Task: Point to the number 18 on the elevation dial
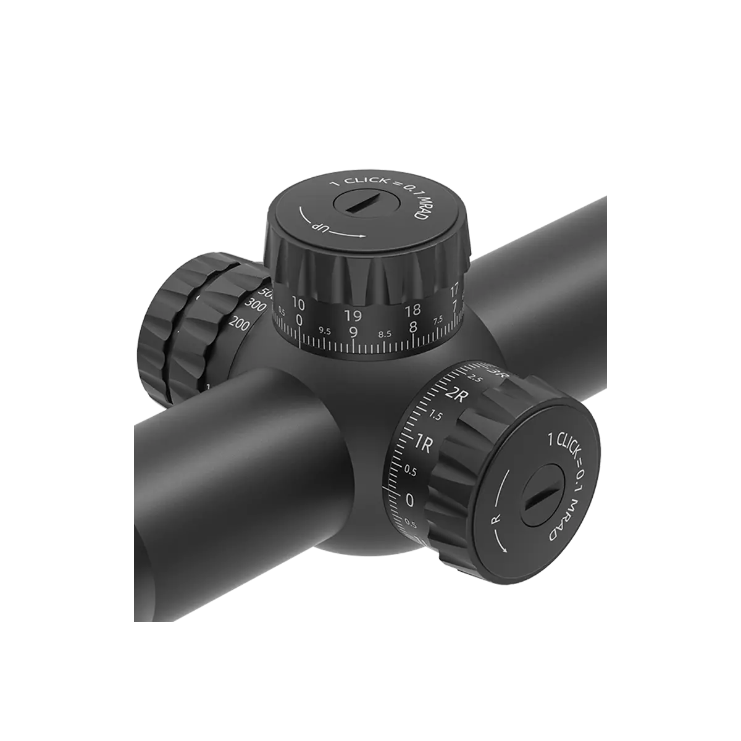[412, 309]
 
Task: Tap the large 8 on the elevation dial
[412, 326]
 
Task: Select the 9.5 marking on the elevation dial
[325, 331]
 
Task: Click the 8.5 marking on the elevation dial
[384, 333]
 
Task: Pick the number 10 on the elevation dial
[298, 303]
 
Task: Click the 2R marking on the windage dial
[458, 396]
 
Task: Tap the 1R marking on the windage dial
[424, 443]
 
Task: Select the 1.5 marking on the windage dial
[435, 416]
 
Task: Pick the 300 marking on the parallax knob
[253, 304]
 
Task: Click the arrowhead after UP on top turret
[362, 235]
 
